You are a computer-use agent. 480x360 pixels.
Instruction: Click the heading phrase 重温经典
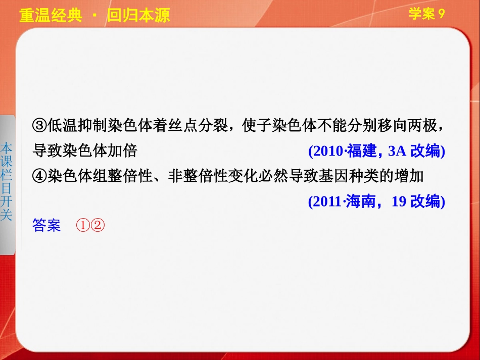point(50,15)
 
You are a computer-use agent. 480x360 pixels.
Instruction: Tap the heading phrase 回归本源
point(138,15)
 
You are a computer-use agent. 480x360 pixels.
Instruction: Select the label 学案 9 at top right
point(426,14)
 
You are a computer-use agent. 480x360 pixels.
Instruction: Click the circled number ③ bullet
point(39,125)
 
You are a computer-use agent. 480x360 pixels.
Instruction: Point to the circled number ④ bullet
point(39,176)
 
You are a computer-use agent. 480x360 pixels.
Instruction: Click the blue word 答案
point(46,225)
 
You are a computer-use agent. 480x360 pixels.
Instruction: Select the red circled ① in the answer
point(83,225)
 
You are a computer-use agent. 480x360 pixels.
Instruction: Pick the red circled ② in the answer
point(97,225)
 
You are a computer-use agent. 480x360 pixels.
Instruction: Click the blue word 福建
point(362,151)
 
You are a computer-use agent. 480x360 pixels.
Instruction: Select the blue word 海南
point(362,201)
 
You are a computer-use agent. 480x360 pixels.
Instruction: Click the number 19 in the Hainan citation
point(399,201)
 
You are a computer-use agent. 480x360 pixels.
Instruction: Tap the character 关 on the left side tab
point(7,215)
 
